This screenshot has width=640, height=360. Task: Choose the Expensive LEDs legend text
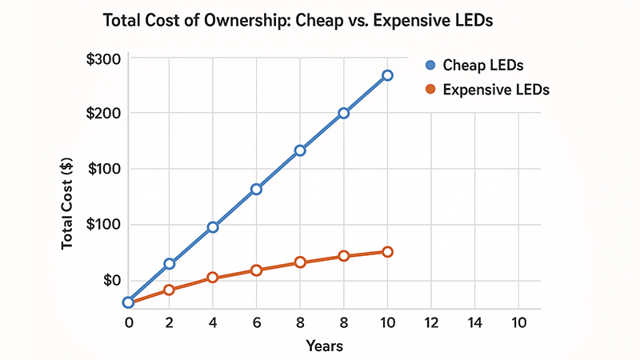click(496, 90)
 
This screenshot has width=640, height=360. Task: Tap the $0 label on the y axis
click(110, 280)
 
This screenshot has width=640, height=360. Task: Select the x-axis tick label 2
click(170, 322)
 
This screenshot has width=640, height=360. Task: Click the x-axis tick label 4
click(213, 322)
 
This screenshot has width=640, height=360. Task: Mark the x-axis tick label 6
click(256, 322)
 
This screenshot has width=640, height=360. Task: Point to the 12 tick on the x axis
click(431, 322)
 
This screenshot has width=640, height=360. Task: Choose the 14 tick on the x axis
click(475, 322)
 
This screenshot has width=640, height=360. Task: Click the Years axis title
click(324, 346)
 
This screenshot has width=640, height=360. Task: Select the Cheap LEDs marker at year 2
click(170, 263)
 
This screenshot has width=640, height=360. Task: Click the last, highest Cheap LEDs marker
click(387, 75)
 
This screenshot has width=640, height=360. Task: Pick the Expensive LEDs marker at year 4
click(213, 278)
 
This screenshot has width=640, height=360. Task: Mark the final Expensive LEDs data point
click(387, 252)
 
